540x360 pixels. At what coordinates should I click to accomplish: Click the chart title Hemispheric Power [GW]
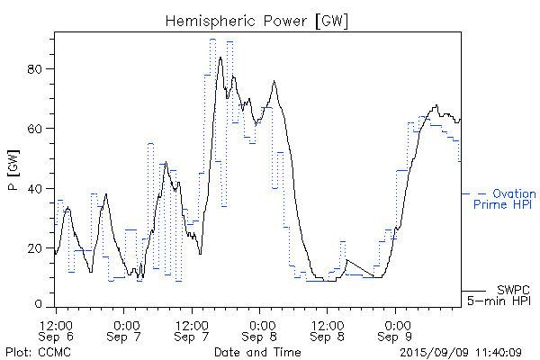[257, 20]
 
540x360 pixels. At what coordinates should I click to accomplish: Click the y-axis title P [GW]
[14, 171]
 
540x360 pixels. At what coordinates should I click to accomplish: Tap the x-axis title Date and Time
[257, 352]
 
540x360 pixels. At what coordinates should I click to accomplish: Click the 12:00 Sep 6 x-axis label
[56, 329]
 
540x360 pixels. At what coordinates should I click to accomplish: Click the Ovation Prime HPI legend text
[504, 199]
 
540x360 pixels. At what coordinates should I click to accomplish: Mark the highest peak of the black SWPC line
[220, 58]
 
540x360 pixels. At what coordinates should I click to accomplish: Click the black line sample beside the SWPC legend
[473, 291]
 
